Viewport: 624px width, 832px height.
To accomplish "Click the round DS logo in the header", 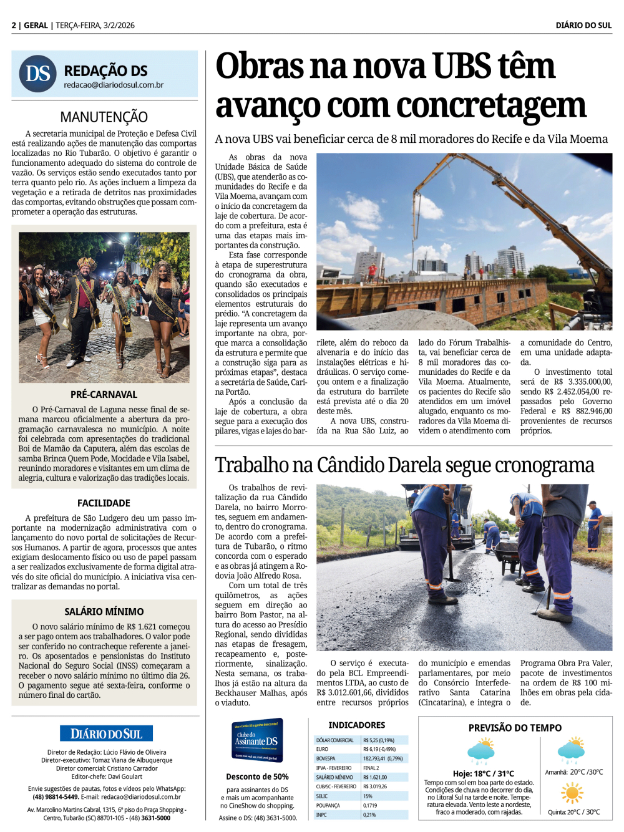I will click(x=38, y=74).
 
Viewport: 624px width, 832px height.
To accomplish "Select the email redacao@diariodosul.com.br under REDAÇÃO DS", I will click(x=114, y=85).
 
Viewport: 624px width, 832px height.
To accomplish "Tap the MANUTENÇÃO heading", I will click(x=104, y=117).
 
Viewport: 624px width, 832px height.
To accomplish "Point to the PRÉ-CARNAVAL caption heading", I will click(x=104, y=394).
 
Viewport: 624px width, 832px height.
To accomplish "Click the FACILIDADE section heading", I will click(x=104, y=503).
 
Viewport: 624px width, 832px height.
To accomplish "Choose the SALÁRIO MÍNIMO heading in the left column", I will click(x=104, y=611).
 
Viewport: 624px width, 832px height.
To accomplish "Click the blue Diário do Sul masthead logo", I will click(x=106, y=733).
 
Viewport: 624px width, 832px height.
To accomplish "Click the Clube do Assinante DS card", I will click(x=257, y=740).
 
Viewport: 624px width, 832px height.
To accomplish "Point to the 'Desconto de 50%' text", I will click(x=257, y=776).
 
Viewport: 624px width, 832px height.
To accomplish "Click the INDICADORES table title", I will click(x=357, y=725).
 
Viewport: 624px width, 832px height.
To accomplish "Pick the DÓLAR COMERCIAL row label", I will click(x=335, y=740).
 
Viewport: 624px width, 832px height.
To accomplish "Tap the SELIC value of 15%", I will click(x=368, y=796).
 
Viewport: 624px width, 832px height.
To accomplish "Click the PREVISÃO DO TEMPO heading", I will click(x=515, y=728).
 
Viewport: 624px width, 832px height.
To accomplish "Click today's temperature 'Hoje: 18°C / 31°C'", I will click(x=483, y=773).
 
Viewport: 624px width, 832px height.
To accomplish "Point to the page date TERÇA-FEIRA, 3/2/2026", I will click(x=95, y=26).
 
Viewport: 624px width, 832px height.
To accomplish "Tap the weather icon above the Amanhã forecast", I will click(x=570, y=750).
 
